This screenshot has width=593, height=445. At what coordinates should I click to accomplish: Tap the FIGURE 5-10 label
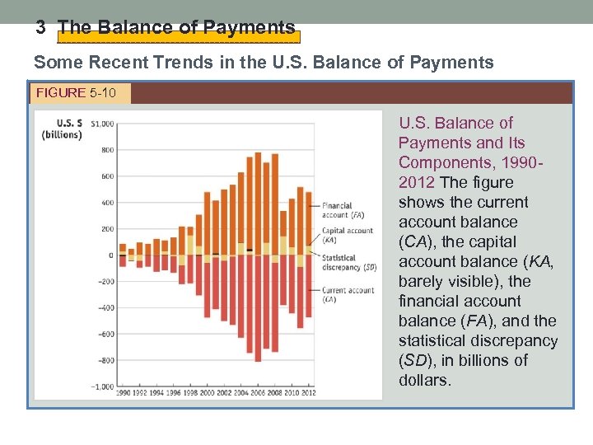tap(79, 92)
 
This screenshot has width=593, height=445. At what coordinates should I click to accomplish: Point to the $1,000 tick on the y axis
tap(102, 124)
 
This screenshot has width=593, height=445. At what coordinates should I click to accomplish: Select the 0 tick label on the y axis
tap(110, 255)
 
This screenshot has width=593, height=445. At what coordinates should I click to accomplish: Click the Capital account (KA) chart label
tap(346, 236)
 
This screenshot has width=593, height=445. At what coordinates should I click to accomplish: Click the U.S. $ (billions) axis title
tap(62, 129)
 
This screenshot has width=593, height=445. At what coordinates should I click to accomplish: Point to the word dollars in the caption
tap(425, 380)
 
